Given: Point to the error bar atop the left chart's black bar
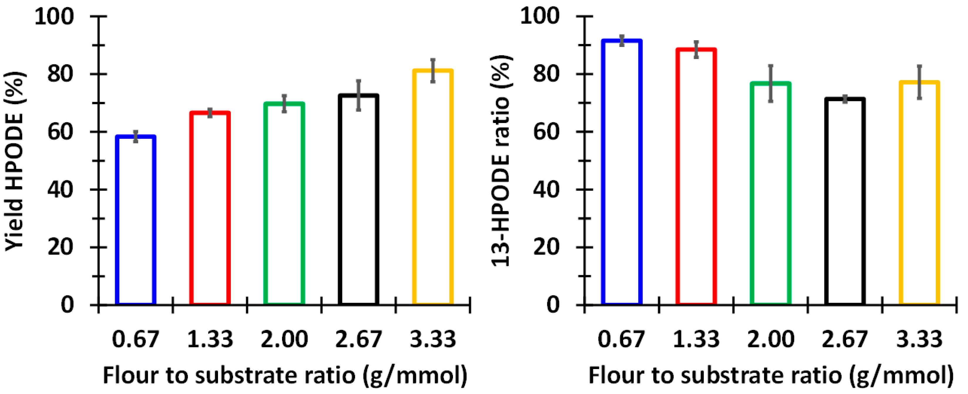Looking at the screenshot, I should pos(358,95).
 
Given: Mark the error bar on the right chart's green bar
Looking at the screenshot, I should pos(771,83).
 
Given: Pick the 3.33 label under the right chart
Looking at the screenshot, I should pos(919,339).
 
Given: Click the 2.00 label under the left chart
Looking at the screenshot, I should pos(284,339).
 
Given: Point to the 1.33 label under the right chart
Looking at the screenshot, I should pos(696,339).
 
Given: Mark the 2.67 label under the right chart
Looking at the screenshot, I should pos(845,339).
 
